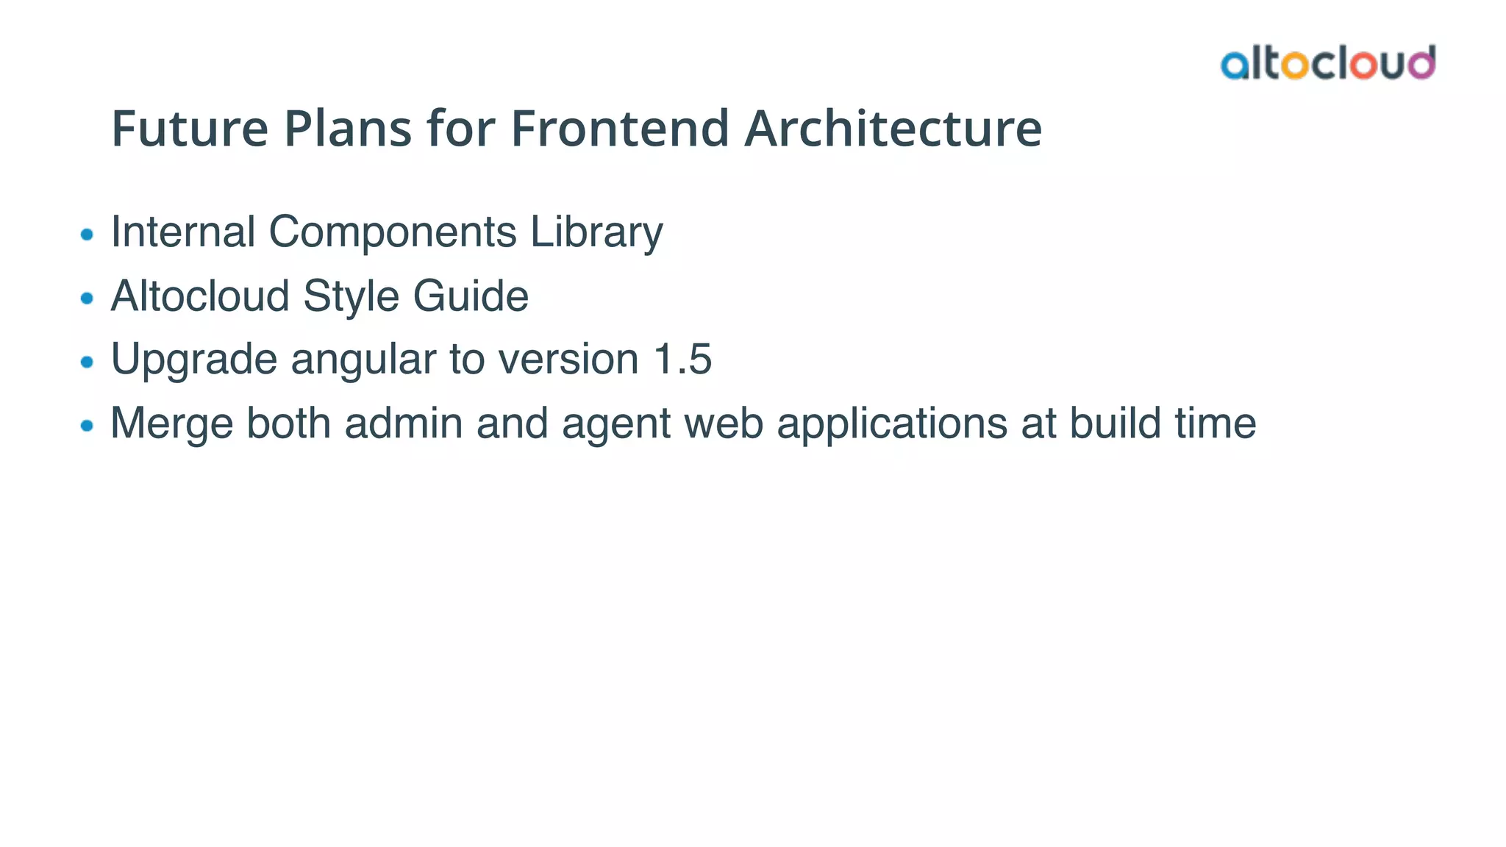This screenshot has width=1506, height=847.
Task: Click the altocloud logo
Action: click(1327, 63)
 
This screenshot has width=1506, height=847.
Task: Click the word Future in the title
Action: click(190, 129)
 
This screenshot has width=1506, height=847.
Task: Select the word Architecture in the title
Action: click(893, 129)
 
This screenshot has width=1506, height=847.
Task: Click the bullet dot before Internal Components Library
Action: click(87, 235)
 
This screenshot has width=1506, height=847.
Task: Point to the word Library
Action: click(596, 233)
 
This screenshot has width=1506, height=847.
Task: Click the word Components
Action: click(393, 233)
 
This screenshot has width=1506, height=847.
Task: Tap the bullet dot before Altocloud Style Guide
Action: click(87, 299)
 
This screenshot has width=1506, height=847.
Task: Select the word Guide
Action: click(471, 296)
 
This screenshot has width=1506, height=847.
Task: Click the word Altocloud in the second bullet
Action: click(200, 296)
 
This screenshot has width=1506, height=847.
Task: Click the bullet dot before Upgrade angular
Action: click(87, 362)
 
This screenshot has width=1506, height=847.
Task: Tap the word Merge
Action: click(171, 424)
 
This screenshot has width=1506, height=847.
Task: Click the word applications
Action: click(891, 424)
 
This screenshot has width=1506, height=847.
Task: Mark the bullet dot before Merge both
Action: click(87, 426)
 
